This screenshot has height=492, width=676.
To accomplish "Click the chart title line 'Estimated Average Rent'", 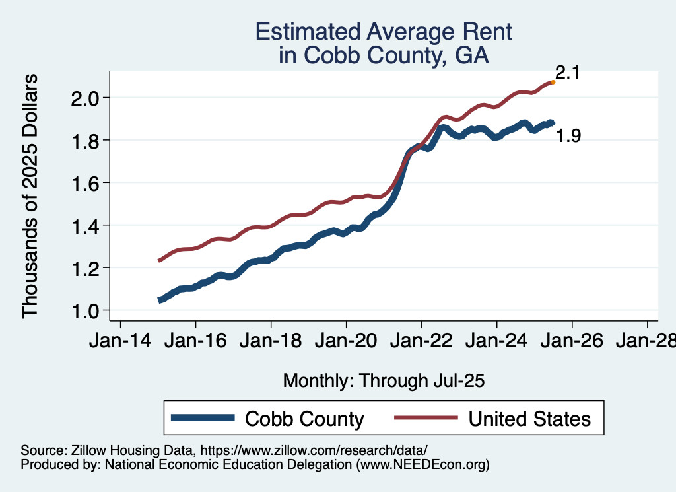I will pos(384,32).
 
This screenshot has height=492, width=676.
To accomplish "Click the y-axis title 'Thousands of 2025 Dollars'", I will pos(30,196).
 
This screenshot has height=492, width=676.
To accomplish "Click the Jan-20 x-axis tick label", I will pos(347,341).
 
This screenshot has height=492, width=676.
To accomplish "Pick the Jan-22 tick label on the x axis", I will pos(422,341).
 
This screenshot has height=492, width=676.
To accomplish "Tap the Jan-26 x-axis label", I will pos(572,341).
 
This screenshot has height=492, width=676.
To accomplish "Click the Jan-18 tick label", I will pos(271,341).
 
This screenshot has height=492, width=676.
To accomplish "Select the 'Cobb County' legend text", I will pos(304,419).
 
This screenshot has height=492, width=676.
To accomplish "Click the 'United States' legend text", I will pos(529,419).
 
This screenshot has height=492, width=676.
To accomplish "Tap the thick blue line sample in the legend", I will pos(203,417).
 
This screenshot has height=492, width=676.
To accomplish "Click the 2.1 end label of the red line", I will pos(567,73).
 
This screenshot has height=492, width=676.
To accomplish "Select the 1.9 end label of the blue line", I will pos(568,137).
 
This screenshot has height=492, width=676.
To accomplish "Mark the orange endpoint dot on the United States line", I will pos(553,83).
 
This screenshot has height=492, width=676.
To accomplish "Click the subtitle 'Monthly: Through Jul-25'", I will pos(384,381).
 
